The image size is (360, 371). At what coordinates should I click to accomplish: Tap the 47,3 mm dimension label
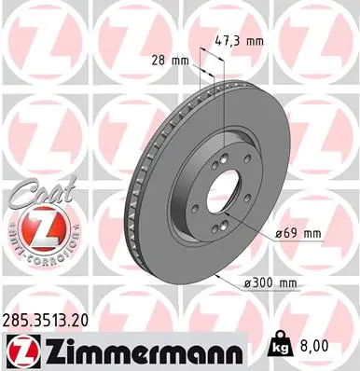pyautogui.click(x=239, y=41)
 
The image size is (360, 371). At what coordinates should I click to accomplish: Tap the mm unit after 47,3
pyautogui.click(x=254, y=41)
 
